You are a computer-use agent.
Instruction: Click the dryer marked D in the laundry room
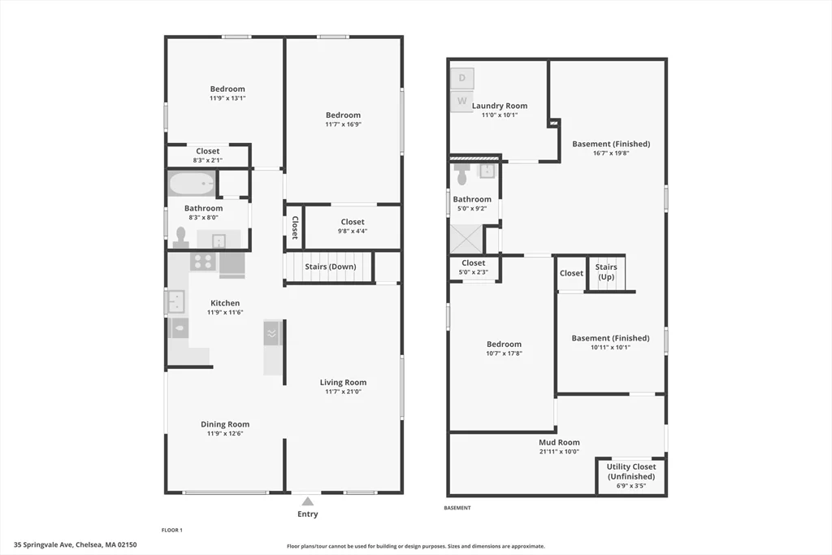[462, 78]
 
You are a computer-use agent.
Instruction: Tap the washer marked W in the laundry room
[462, 102]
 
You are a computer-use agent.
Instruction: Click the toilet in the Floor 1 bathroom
[180, 236]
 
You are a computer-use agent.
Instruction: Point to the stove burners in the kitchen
[203, 262]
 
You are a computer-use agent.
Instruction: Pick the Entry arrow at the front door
[307, 501]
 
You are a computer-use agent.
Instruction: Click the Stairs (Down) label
[330, 267]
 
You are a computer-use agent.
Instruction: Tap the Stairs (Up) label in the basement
[606, 272]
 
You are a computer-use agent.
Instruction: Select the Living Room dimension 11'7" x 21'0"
[343, 392]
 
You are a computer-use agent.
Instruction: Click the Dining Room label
[225, 424]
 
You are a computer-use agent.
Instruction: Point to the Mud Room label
[559, 443]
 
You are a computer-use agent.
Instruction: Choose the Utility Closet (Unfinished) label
[631, 471]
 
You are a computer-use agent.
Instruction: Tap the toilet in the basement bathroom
[462, 173]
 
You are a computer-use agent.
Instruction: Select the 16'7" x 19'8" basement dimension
[611, 153]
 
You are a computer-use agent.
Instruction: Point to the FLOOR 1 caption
[171, 530]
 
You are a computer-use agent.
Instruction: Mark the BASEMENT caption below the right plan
[457, 508]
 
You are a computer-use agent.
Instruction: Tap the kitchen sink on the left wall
[176, 301]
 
